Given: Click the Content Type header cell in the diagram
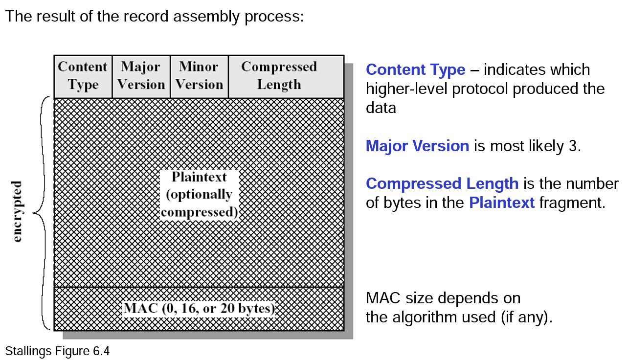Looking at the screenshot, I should [83, 76].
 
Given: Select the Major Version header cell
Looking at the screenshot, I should [141, 76].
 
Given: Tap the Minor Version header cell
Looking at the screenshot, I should [199, 76].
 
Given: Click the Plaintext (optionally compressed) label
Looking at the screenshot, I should [200, 194].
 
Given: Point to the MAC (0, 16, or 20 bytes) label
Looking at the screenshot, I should [200, 309].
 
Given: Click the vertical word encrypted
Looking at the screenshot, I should [18, 211].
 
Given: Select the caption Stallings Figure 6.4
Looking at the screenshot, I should [57, 351].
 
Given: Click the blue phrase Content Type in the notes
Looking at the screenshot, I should [415, 70].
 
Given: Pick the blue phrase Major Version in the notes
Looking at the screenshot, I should [417, 146].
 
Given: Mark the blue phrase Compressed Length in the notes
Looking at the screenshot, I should [442, 183].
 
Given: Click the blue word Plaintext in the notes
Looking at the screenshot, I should [502, 203].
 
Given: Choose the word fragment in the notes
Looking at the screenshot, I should [572, 203].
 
